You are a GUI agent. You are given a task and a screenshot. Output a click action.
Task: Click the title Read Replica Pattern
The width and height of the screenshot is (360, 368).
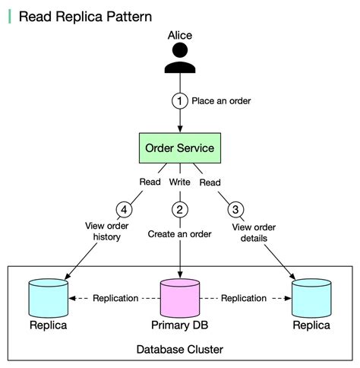[84, 16]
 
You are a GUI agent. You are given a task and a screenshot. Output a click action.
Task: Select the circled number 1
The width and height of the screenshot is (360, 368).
[180, 100]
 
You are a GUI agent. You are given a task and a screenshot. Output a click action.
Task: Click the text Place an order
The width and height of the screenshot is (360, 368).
[221, 100]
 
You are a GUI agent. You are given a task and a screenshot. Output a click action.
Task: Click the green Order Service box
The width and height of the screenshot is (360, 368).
[180, 148]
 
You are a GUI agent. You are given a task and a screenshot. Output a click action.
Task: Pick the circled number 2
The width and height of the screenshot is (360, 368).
[180, 209]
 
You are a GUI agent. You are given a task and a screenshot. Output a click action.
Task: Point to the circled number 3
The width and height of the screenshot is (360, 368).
[235, 209]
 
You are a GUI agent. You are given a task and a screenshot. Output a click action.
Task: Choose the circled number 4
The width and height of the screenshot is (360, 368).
[125, 209]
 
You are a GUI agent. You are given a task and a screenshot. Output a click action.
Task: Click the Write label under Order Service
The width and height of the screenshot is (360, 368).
[180, 182]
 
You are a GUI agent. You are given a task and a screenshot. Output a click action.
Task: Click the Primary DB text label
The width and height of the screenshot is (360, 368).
[180, 325]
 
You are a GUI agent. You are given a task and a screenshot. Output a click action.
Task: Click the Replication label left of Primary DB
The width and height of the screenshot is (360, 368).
[115, 298]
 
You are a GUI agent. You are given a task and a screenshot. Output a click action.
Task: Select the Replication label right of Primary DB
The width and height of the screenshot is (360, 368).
[244, 298]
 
